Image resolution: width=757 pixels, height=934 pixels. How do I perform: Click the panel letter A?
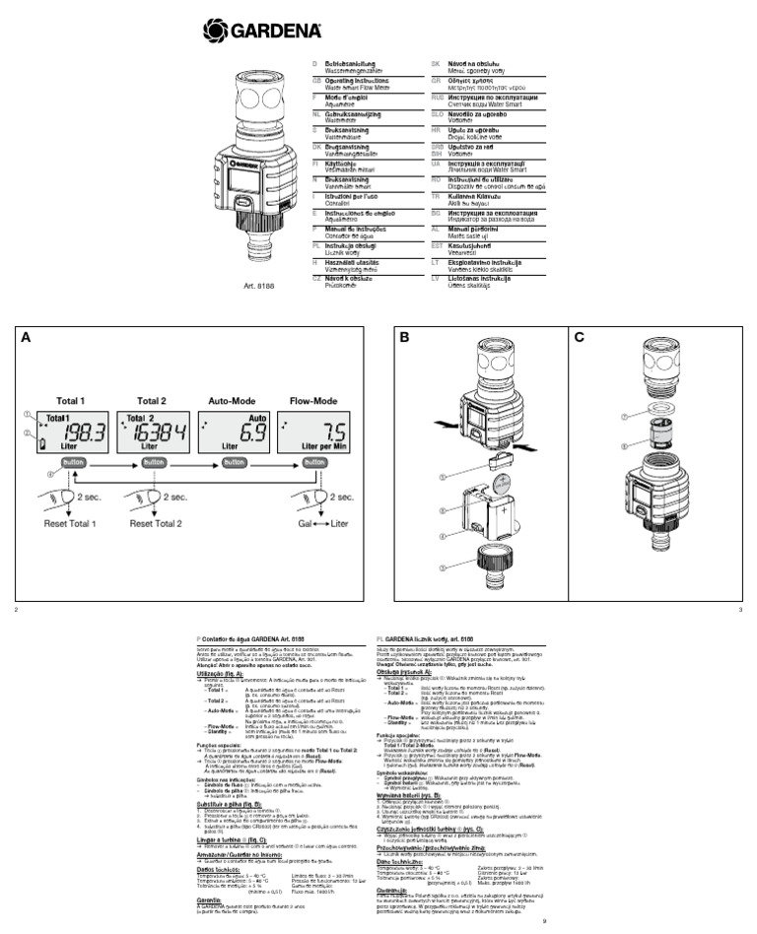coord(29,337)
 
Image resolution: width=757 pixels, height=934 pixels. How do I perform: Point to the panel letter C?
coord(580,337)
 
